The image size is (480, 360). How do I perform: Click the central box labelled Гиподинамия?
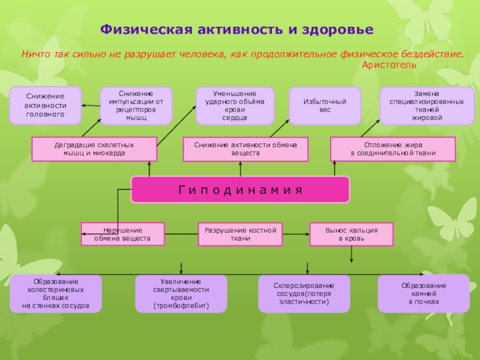coord(240,190)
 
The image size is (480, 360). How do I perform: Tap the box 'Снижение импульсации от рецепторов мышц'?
coord(136,106)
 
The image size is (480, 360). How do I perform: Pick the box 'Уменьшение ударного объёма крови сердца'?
coord(235,106)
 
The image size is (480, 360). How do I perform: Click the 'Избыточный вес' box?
coord(325,106)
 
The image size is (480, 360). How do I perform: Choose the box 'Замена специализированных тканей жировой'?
coord(427,106)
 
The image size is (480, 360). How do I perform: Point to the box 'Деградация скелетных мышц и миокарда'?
coord(94,149)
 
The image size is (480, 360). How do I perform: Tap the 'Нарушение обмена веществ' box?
coord(123,234)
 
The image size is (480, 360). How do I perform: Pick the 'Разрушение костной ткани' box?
coord(240,234)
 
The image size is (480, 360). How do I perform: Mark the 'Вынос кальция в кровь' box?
coord(352,234)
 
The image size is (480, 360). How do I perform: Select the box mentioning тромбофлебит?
coord(181,293)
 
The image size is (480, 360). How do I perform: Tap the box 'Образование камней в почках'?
coord(424,293)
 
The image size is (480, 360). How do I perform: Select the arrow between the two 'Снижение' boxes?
coord(91,106)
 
